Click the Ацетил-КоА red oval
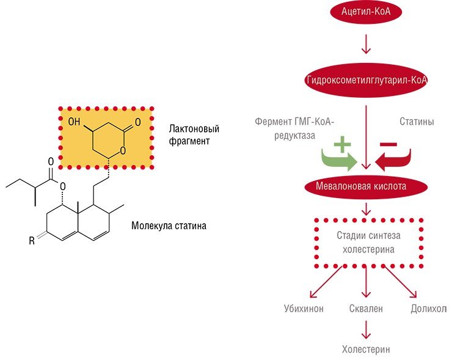366,12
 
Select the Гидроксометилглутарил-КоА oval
366,80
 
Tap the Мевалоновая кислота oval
366,186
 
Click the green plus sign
342,144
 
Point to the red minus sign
388,144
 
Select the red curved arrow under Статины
393,160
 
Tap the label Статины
417,122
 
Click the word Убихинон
304,309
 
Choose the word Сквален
366,309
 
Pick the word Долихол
429,309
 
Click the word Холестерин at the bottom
366,350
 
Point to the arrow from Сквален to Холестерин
366,329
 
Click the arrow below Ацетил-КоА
366,44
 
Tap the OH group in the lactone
74,122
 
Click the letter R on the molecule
32,241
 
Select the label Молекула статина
169,226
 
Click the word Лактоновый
194,128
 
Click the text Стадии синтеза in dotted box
369,235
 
